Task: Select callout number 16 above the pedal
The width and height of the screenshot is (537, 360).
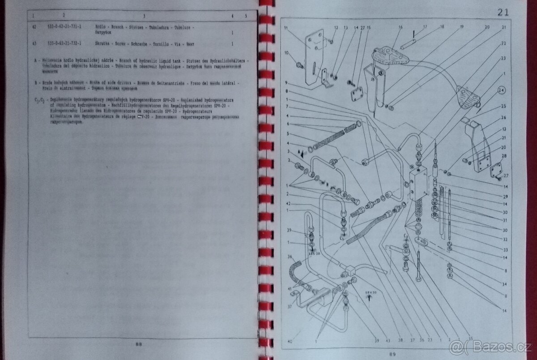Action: click(x=400, y=27)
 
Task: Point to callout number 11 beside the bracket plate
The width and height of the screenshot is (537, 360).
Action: click(x=286, y=28)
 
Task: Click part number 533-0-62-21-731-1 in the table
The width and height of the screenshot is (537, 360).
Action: click(x=65, y=27)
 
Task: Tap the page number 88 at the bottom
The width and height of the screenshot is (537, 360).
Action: click(x=138, y=344)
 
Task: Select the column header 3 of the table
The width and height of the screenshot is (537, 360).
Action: click(x=144, y=16)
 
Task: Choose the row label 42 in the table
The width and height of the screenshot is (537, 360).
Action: click(x=34, y=27)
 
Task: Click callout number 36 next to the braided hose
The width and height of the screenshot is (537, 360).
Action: click(x=290, y=257)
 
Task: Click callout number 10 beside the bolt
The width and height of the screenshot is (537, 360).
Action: click(x=286, y=53)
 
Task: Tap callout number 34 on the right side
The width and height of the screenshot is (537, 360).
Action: click(x=504, y=284)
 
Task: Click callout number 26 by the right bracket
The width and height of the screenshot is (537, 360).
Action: click(x=503, y=118)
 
